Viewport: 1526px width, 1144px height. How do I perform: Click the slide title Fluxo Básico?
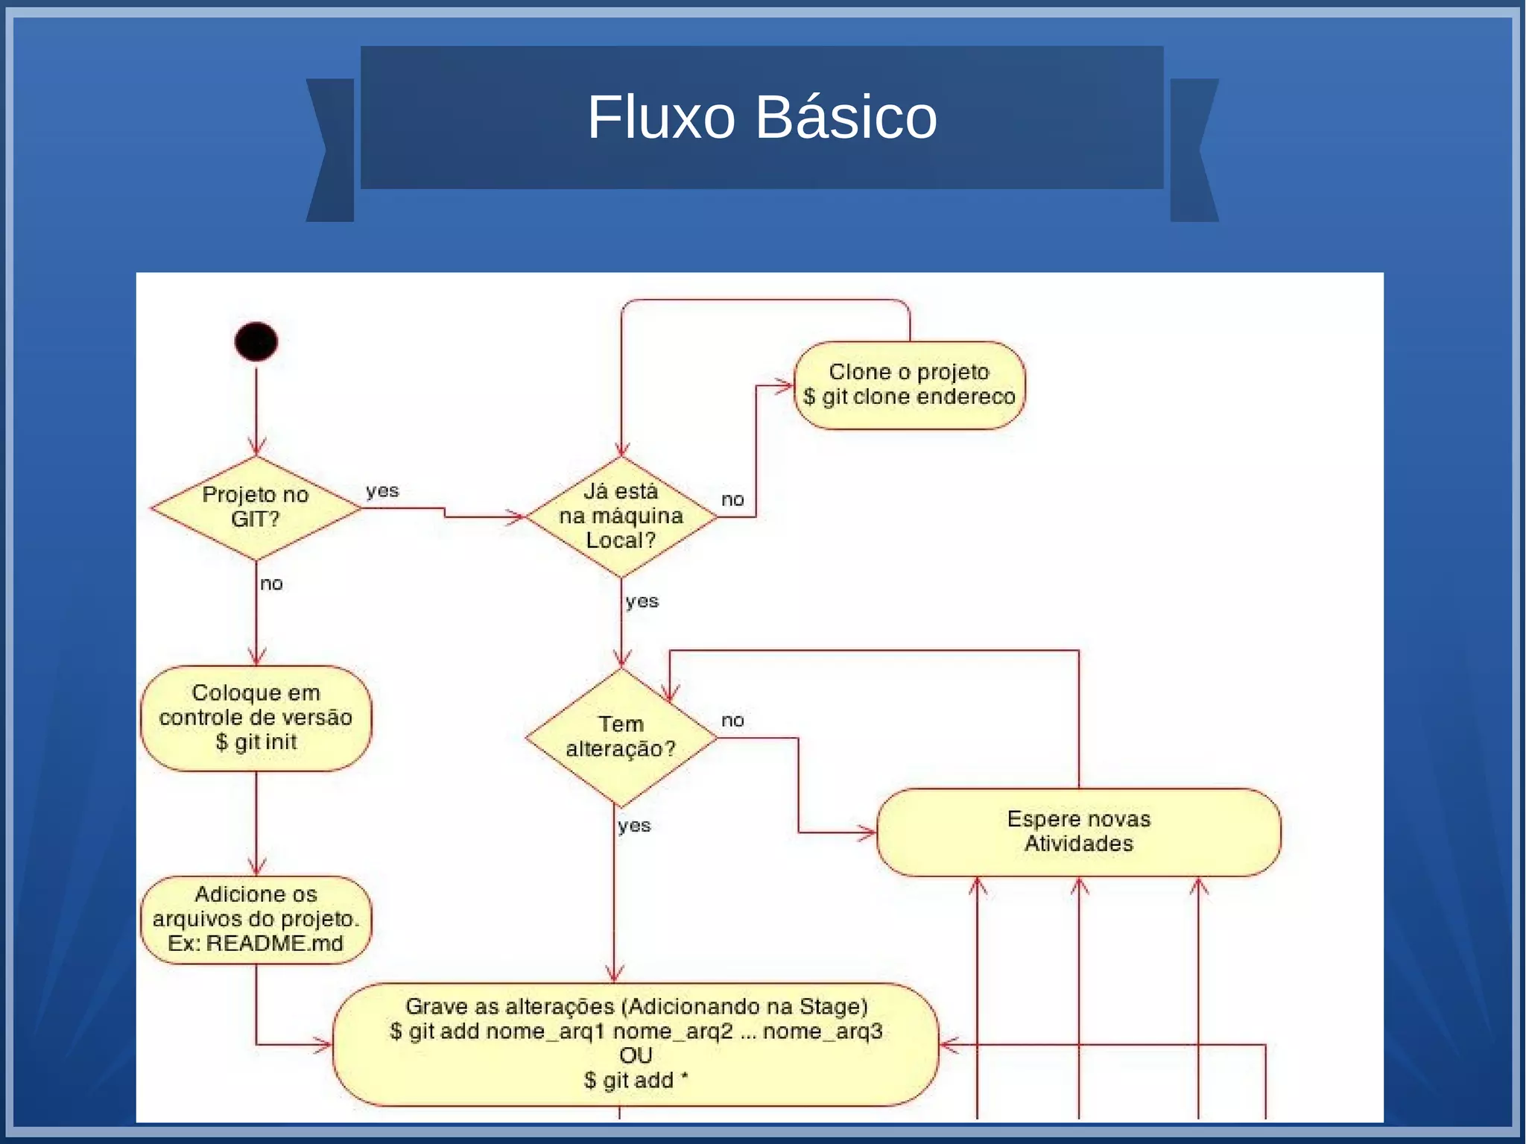point(762,117)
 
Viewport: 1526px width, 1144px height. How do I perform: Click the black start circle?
point(256,342)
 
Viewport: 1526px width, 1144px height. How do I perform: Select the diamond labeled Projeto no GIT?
point(256,508)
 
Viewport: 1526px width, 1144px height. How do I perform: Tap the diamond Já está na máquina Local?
point(621,516)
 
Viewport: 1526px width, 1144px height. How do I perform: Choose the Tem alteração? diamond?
point(621,736)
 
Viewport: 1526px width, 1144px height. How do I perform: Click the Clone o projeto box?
point(909,385)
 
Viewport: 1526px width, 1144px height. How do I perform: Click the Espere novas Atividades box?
point(1078,831)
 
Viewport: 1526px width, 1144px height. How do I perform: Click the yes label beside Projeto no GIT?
point(382,491)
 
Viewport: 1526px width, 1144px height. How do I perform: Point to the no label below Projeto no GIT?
point(271,584)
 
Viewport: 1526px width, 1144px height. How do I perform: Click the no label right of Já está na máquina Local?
point(732,499)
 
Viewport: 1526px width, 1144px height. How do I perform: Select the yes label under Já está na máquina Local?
point(642,601)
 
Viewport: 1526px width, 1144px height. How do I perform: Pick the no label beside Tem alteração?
point(732,720)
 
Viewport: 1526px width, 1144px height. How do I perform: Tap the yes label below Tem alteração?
point(634,826)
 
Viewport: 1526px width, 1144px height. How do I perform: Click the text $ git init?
point(256,742)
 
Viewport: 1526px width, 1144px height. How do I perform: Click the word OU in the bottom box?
point(635,1055)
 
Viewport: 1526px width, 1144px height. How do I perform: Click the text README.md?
point(274,944)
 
